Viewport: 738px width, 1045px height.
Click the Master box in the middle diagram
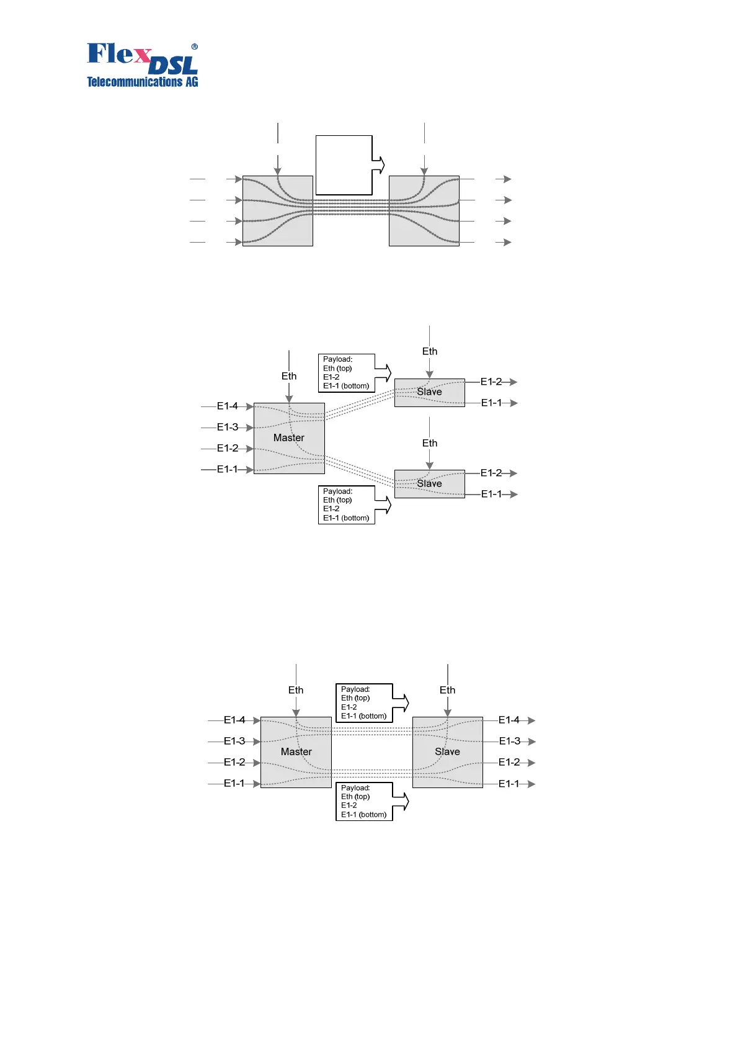[x=289, y=438]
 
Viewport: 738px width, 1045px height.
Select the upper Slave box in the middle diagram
[x=429, y=392]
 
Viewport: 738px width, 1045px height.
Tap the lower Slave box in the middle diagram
[x=429, y=483]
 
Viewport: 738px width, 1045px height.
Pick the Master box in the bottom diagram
[x=296, y=751]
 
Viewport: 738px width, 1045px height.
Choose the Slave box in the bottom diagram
[x=447, y=751]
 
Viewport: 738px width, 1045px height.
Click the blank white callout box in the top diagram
[x=344, y=165]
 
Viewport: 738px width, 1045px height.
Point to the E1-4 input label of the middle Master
[x=228, y=406]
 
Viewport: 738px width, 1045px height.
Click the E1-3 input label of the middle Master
[x=228, y=427]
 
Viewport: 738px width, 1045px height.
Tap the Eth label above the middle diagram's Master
[x=289, y=376]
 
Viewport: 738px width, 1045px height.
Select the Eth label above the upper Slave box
[x=430, y=351]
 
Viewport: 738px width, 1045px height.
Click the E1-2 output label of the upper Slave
[x=491, y=382]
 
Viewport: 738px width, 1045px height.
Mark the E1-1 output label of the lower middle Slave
[x=491, y=494]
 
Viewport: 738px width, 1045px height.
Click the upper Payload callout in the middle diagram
[x=347, y=372]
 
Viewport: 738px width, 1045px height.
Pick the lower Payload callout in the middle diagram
[x=347, y=505]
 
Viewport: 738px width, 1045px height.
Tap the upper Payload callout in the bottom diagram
[x=364, y=702]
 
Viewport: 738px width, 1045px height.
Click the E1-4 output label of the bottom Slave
[x=509, y=720]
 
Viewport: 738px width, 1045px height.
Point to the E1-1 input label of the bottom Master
[x=234, y=783]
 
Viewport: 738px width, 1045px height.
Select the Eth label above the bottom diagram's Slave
[x=447, y=690]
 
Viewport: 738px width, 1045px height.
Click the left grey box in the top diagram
[x=277, y=211]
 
